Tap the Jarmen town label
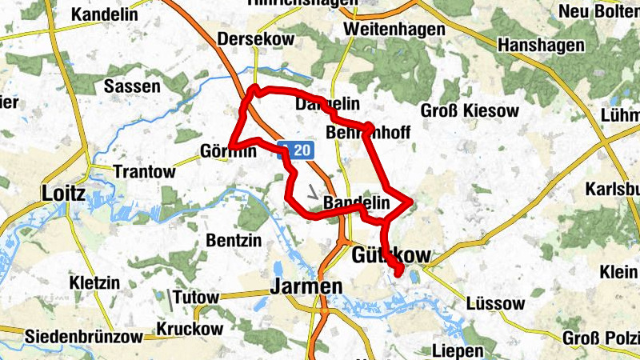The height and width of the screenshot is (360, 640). [306, 286]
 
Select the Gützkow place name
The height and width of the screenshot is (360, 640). [390, 255]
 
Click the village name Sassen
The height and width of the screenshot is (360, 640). [133, 86]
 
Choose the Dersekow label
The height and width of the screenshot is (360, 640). [256, 38]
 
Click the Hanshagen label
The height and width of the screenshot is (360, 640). [541, 46]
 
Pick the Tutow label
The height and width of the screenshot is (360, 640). [195, 298]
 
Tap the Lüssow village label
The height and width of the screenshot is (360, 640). [494, 304]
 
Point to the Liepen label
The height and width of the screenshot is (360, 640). [457, 350]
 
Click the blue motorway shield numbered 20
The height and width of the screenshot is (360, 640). [296, 150]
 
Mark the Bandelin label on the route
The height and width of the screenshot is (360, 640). [356, 204]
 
